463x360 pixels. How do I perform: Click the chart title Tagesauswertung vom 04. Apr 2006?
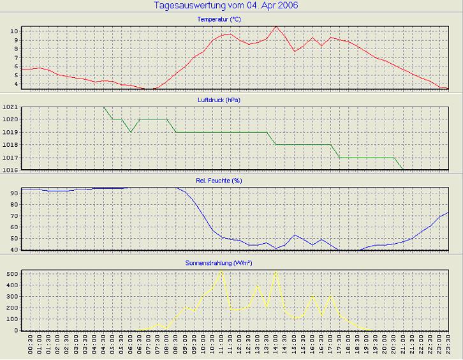226,6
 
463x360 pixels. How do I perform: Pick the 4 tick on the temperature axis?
15,84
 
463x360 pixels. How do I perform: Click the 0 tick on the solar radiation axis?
16,331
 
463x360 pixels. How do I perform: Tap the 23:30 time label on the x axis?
448,347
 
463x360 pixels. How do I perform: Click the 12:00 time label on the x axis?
239,347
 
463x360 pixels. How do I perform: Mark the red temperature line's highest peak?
276,26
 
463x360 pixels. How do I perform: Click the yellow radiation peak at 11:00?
221,271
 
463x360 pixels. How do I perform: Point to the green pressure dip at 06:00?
131,132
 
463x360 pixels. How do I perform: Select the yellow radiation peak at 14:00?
276,272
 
